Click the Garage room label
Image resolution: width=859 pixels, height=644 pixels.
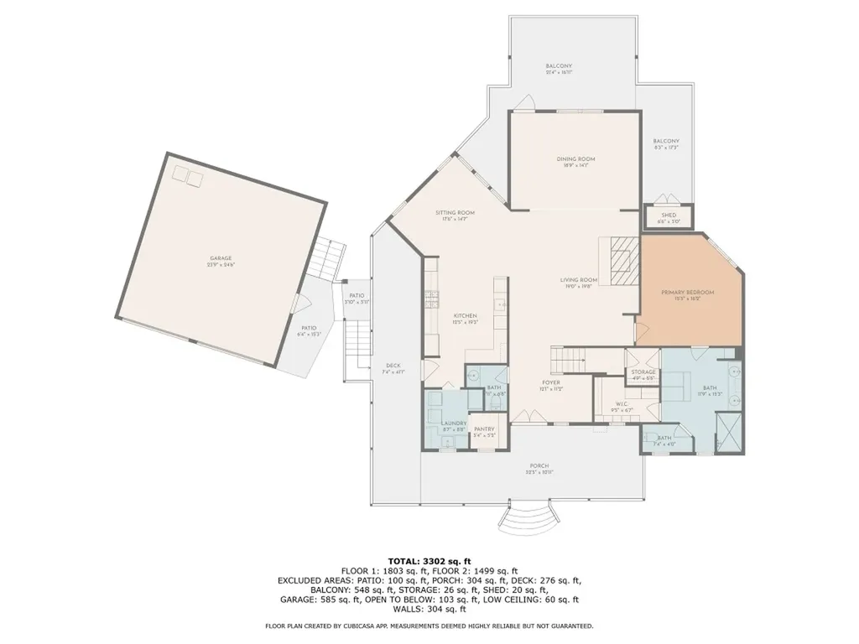click(x=221, y=258)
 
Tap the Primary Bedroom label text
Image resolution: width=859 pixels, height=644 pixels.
click(x=687, y=292)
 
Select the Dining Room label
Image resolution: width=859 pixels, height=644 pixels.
click(x=575, y=159)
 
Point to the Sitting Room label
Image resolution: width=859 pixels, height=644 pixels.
click(x=455, y=213)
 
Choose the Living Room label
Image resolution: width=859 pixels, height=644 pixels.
click(x=579, y=280)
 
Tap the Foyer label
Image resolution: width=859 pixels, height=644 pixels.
click(x=550, y=382)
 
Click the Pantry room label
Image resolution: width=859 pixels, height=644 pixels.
click(x=484, y=429)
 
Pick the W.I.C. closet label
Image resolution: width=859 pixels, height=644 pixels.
click(x=622, y=405)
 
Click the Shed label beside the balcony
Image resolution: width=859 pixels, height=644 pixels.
click(x=669, y=216)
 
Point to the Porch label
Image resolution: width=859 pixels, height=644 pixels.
click(x=539, y=466)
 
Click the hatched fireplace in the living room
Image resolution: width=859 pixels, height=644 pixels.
click(x=622, y=262)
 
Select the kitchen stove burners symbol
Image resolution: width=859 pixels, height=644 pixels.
click(x=432, y=299)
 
